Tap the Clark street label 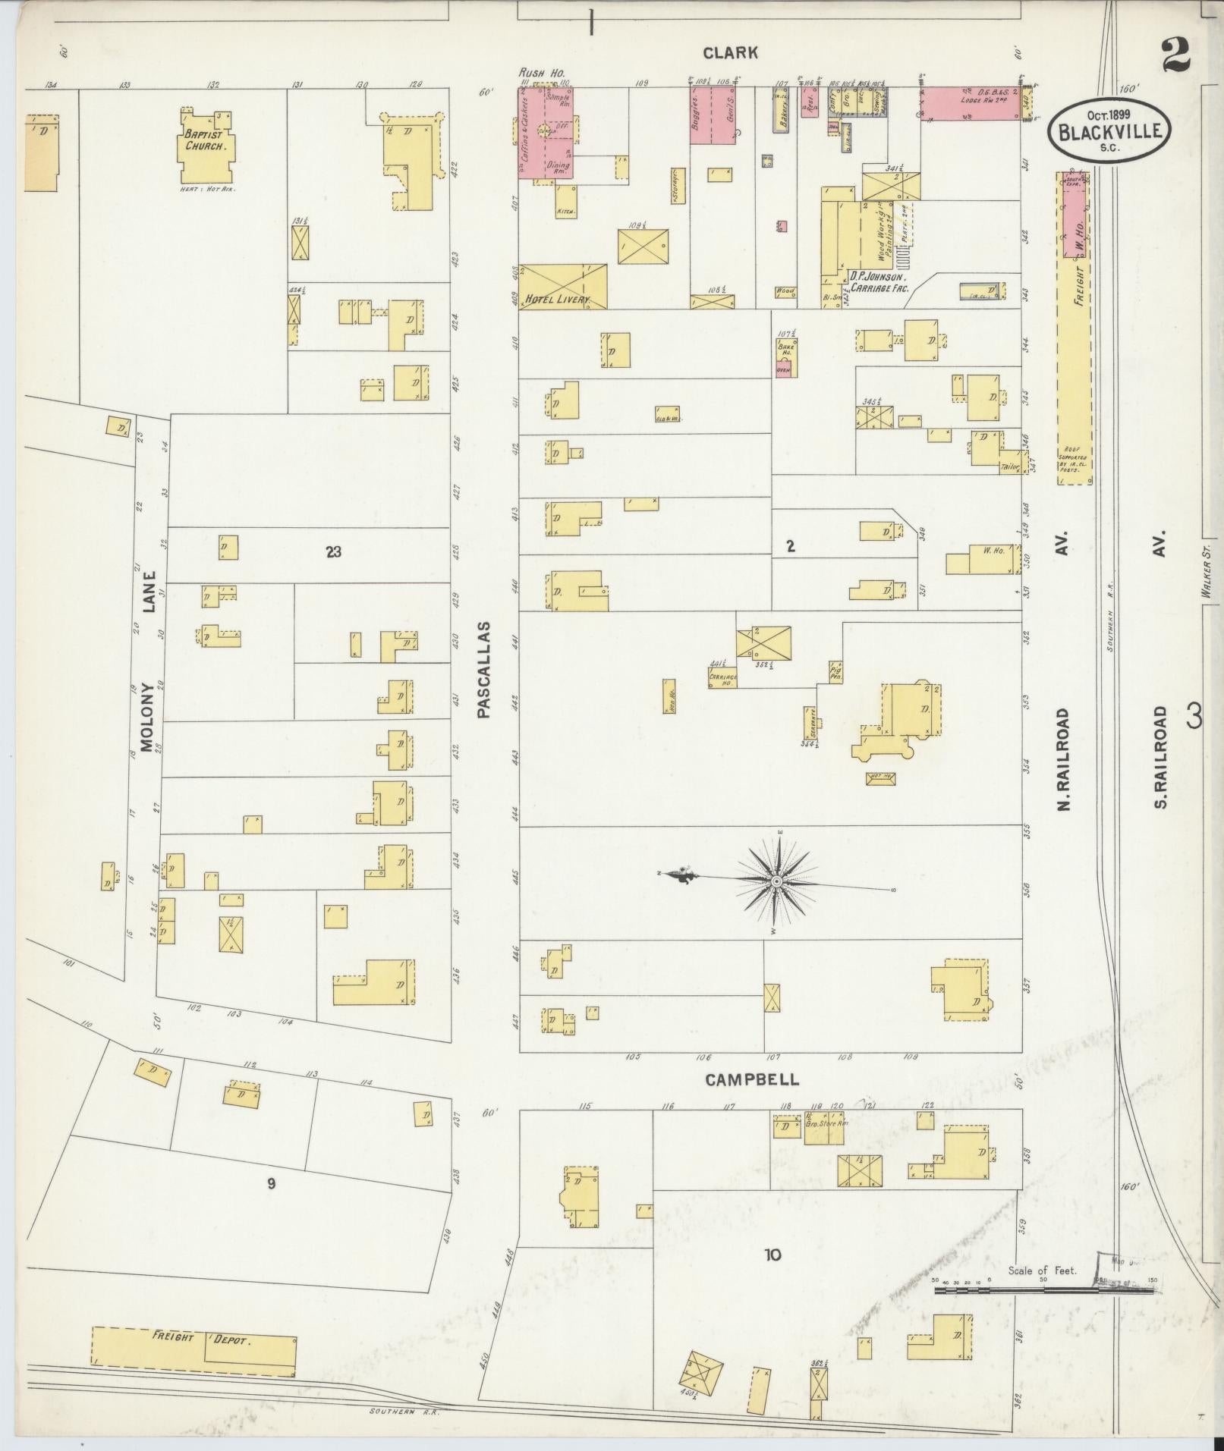point(730,52)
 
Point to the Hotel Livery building point(562,287)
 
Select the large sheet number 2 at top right point(1175,55)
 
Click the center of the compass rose point(777,881)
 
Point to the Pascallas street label point(484,670)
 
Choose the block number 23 point(333,551)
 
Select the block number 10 point(772,1255)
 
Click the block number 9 point(270,1183)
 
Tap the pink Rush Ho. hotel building point(545,133)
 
